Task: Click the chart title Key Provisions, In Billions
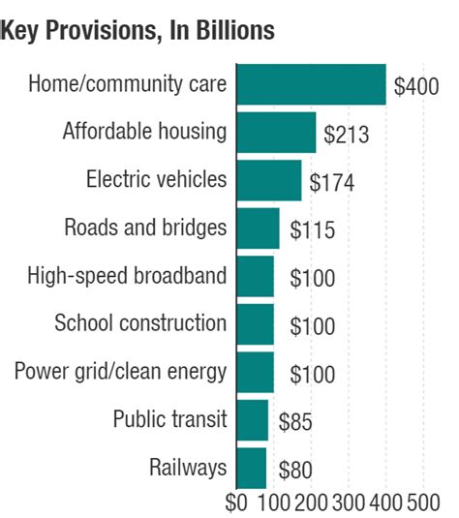pos(138,31)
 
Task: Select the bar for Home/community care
pos(311,84)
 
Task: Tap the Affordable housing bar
pos(276,133)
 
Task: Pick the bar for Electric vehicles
pos(268,180)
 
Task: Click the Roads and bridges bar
pos(258,229)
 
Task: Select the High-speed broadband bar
pos(255,276)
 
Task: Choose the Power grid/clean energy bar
pos(255,372)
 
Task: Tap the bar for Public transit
pos(252,420)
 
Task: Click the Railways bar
pos(251,469)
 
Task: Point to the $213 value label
pos(347,135)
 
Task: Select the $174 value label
pos(331,183)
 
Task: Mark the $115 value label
pos(312,231)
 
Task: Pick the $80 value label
pos(295,472)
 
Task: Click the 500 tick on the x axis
pos(423,503)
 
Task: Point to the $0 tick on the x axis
pos(236,503)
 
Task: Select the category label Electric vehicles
pos(156,179)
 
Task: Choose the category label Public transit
pos(169,419)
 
